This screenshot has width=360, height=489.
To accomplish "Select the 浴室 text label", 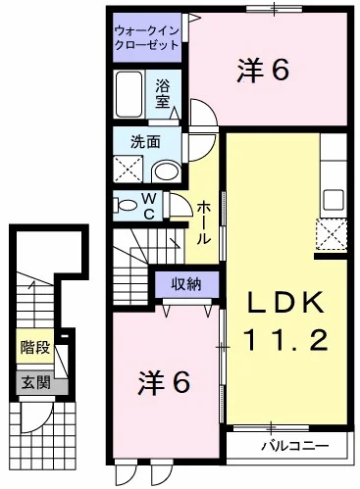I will point(164,94).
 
